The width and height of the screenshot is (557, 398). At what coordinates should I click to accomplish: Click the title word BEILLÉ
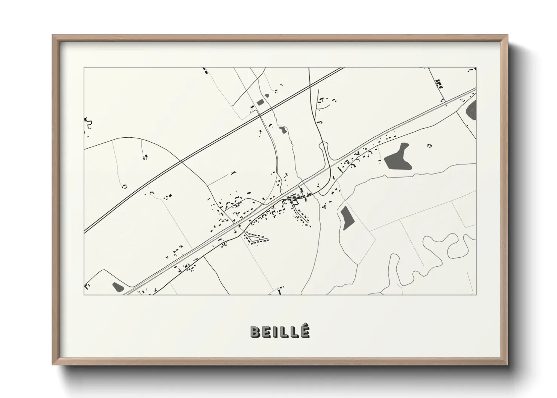[280, 331]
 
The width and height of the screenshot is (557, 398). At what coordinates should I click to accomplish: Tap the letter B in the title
[255, 331]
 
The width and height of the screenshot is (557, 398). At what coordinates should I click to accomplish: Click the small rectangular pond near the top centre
[260, 102]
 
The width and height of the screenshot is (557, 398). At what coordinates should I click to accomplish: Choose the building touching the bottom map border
[279, 292]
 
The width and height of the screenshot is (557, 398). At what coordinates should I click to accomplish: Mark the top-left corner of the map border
[84, 68]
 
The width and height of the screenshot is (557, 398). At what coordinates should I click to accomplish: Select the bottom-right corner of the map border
[476, 295]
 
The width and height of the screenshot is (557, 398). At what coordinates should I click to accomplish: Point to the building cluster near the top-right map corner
[439, 84]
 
